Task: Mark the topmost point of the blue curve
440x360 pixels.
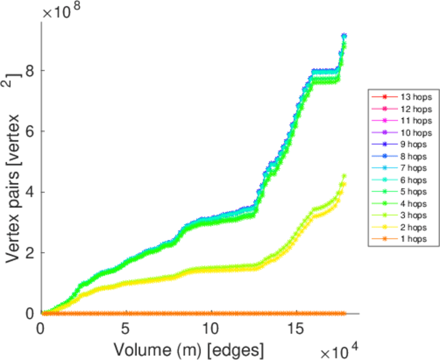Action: (344, 36)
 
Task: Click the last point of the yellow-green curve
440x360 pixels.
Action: (344, 176)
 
